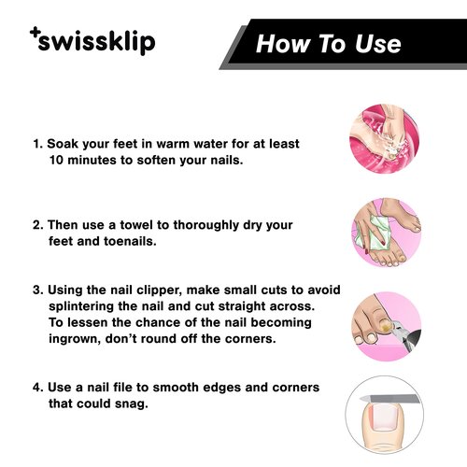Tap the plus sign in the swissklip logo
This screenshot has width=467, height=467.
coord(35,34)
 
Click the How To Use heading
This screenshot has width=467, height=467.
coord(328,44)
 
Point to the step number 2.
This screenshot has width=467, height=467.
coord(37,225)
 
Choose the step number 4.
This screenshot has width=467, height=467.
coord(37,387)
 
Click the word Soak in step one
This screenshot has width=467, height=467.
coord(64,145)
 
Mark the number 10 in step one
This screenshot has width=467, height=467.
coord(55,160)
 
